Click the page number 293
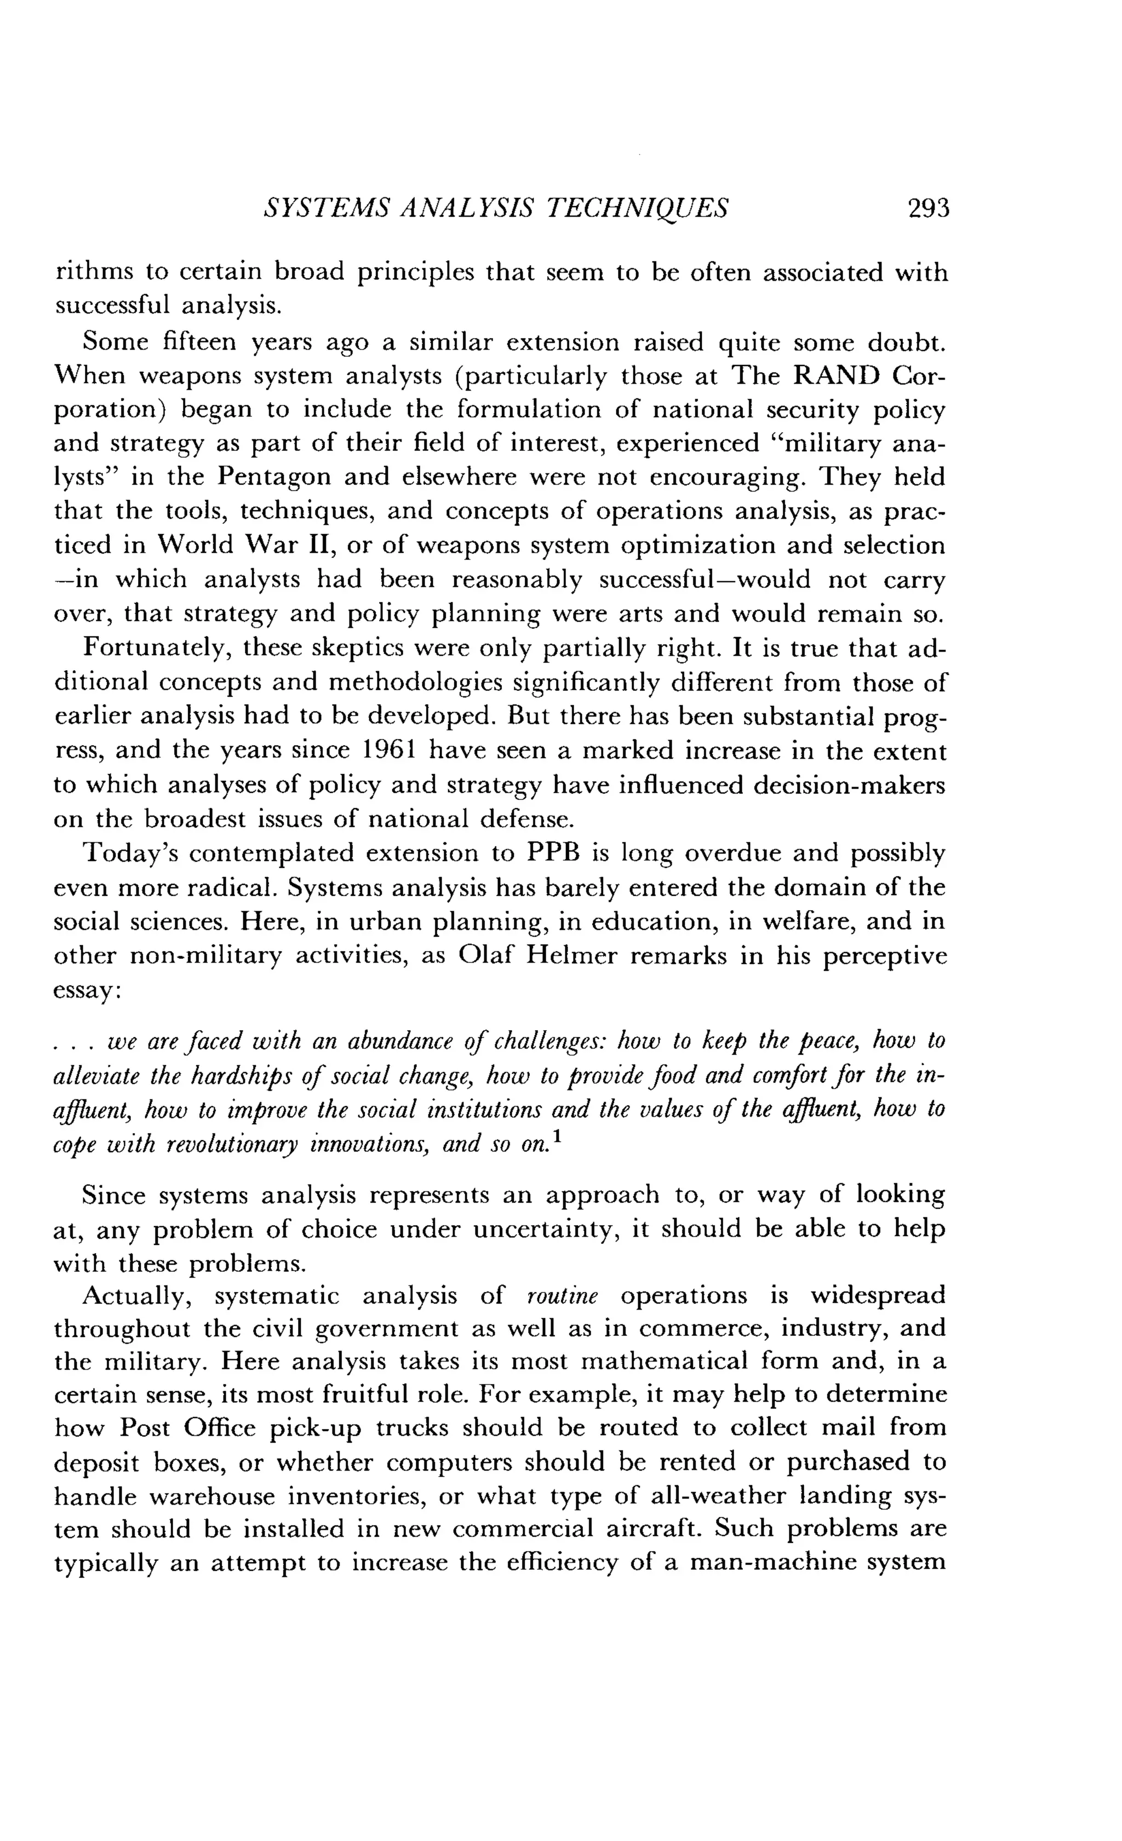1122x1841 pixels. coord(928,208)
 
